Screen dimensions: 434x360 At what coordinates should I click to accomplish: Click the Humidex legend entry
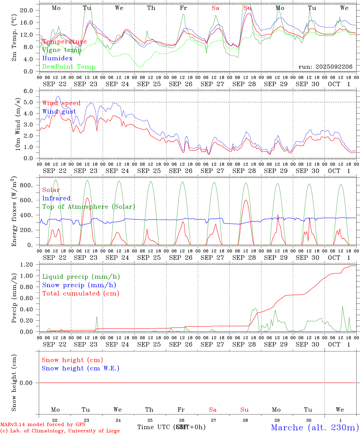tap(57, 58)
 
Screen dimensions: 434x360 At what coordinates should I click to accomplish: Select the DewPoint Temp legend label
tap(69, 67)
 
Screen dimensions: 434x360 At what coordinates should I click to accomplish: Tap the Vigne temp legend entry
tap(62, 50)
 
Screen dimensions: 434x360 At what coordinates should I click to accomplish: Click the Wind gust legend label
tap(59, 112)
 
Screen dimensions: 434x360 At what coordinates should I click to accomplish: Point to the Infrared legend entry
tap(56, 198)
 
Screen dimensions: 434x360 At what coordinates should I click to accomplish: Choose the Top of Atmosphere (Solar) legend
tap(88, 207)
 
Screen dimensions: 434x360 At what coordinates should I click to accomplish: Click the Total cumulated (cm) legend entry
tap(81, 294)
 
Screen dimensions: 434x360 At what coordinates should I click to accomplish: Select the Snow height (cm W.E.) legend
tap(80, 368)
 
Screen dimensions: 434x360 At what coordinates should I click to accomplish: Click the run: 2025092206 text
tap(325, 67)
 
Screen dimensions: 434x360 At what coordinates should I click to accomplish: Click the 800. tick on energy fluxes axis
tap(26, 185)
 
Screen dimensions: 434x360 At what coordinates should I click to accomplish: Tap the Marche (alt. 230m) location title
tap(315, 427)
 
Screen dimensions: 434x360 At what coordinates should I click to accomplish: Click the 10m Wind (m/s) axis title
tap(18, 124)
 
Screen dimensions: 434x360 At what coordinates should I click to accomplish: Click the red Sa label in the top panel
tap(215, 8)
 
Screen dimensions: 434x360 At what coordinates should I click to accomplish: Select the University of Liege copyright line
tap(60, 431)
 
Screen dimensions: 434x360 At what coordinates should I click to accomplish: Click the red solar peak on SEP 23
tap(87, 198)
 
